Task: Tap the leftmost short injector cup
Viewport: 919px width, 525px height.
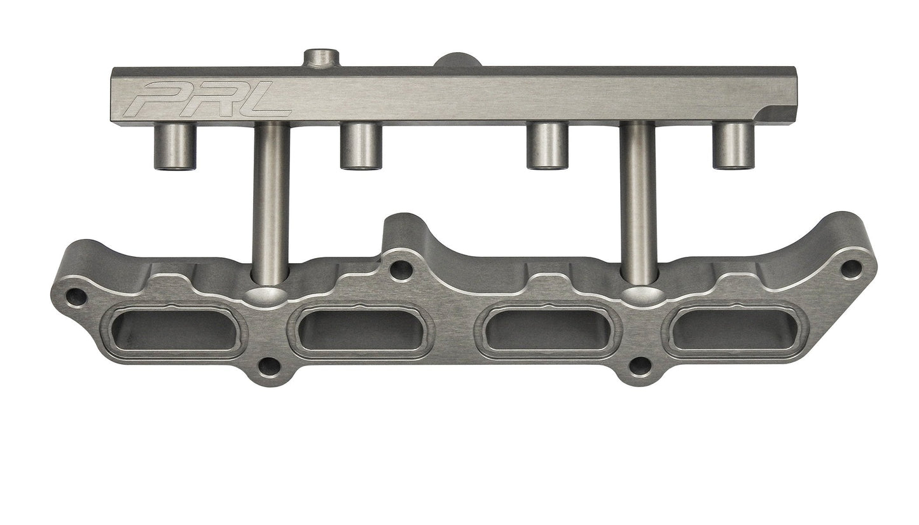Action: [x=175, y=146]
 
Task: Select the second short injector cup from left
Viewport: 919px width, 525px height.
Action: [x=361, y=146]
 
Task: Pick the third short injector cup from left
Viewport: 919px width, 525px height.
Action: [x=548, y=146]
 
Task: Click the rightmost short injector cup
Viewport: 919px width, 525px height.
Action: [x=733, y=146]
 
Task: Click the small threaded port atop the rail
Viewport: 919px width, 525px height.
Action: [x=321, y=58]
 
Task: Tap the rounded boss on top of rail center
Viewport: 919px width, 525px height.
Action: [x=458, y=60]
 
